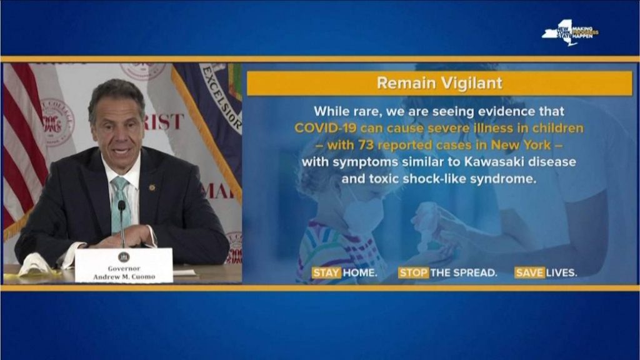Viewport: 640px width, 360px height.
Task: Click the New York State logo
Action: [569, 32]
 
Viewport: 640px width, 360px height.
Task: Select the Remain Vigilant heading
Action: [439, 83]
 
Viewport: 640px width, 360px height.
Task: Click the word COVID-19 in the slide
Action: [322, 128]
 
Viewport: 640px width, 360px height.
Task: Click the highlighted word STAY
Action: [327, 272]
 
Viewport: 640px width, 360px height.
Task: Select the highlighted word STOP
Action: [413, 272]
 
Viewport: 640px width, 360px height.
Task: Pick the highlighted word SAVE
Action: [529, 272]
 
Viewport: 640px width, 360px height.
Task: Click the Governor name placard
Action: [123, 265]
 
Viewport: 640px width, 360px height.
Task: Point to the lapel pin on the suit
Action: [152, 187]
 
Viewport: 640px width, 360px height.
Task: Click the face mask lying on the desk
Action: [35, 264]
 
